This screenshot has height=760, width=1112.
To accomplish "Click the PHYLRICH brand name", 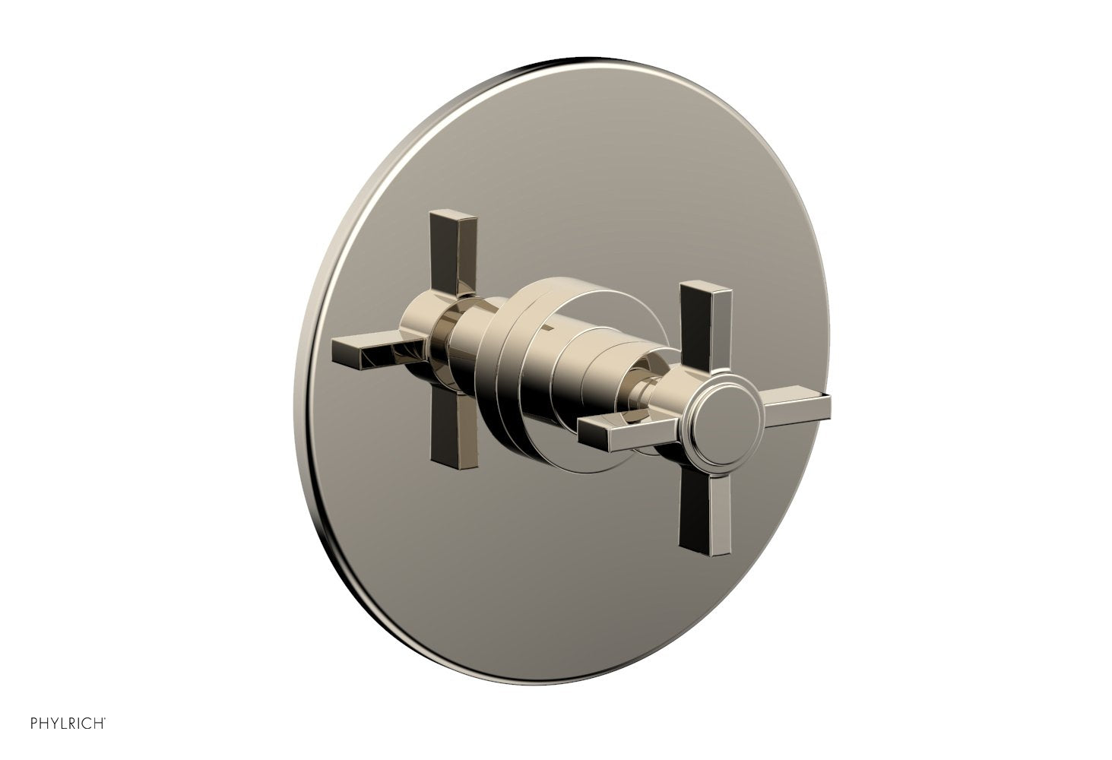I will pyautogui.click(x=67, y=724).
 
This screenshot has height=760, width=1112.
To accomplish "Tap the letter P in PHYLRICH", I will pyautogui.click(x=34, y=724).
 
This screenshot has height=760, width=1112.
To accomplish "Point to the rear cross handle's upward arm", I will pyautogui.click(x=453, y=251).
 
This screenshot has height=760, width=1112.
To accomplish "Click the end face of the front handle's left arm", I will pyautogui.click(x=591, y=435).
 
